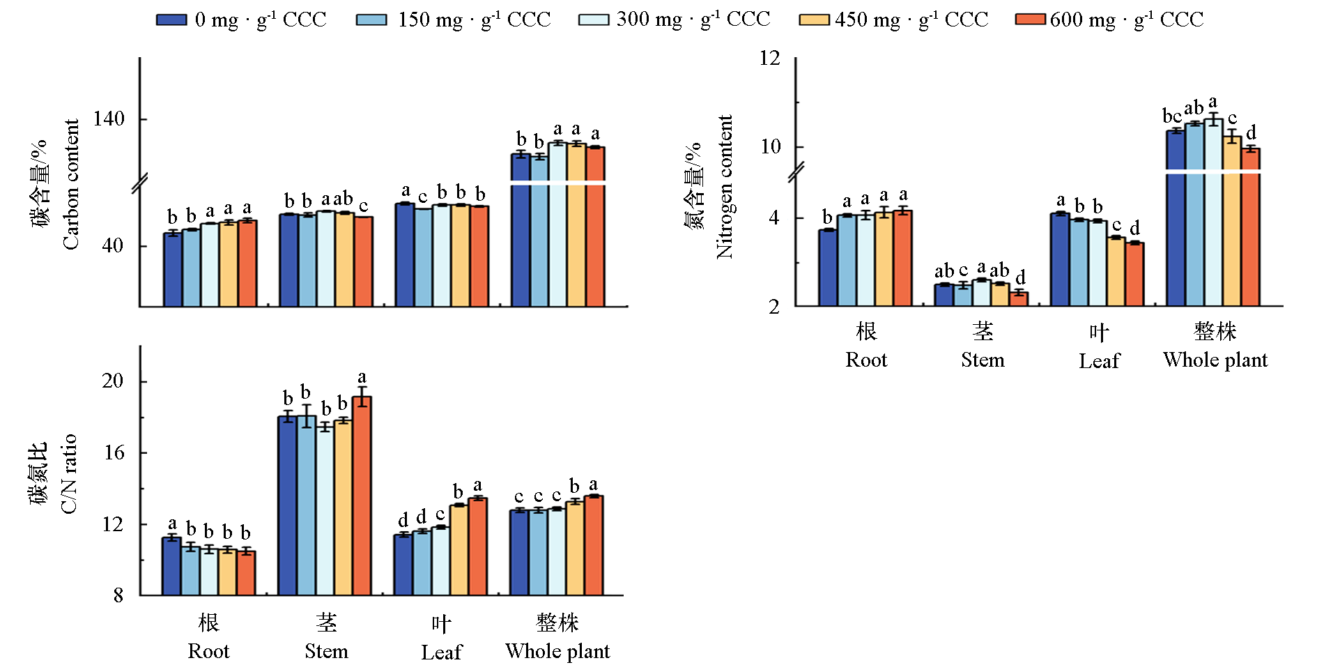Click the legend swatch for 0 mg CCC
pyautogui.click(x=171, y=20)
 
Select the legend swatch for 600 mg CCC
pyautogui.click(x=1031, y=20)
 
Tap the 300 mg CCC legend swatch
pyautogui.click(x=594, y=20)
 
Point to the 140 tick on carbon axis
pyautogui.click(x=109, y=119)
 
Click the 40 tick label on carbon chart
pyautogui.click(x=113, y=245)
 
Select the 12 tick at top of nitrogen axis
pyautogui.click(x=770, y=58)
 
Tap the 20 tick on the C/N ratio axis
pyautogui.click(x=113, y=381)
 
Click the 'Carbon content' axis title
pyautogui.click(x=71, y=184)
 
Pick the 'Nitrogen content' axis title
pyautogui.click(x=725, y=187)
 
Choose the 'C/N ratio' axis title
pyautogui.click(x=69, y=474)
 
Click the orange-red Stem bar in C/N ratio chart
pyautogui.click(x=362, y=496)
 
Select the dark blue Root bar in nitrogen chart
pyautogui.click(x=828, y=268)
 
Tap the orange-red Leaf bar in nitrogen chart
pyautogui.click(x=1134, y=274)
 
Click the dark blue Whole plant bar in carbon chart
pyautogui.click(x=521, y=230)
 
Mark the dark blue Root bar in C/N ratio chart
pyautogui.click(x=171, y=566)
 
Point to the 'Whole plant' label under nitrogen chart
pyautogui.click(x=1215, y=360)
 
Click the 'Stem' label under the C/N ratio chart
pyautogui.click(x=326, y=651)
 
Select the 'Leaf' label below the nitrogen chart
pyautogui.click(x=1099, y=360)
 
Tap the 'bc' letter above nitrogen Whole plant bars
pyautogui.click(x=1172, y=116)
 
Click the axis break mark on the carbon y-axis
pyautogui.click(x=140, y=183)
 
